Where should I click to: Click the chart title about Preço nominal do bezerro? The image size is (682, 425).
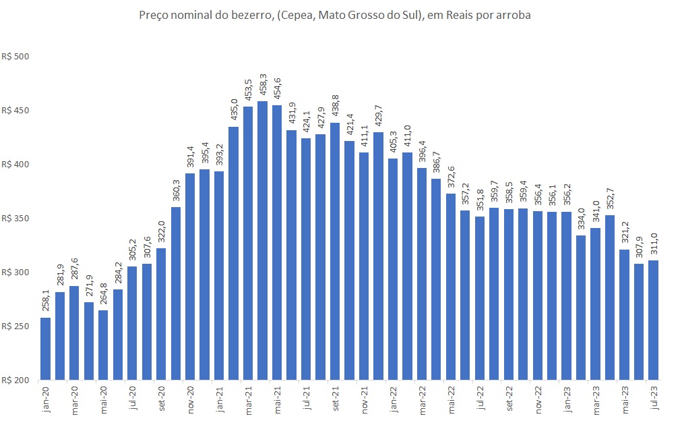pyautogui.click(x=335, y=15)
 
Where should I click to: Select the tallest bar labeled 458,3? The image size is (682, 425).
pyautogui.click(x=263, y=240)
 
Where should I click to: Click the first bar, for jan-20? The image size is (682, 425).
pyautogui.click(x=45, y=348)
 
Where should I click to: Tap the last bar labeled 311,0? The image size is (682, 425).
pyautogui.click(x=654, y=320)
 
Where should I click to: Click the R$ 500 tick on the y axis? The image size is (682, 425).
pyautogui.click(x=16, y=57)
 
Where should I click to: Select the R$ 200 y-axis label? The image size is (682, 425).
pyautogui.click(x=16, y=380)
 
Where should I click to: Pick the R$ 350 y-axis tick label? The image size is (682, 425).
pyautogui.click(x=16, y=219)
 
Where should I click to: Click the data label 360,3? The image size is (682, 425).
pyautogui.click(x=176, y=192)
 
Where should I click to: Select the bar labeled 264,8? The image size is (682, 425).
pyautogui.click(x=103, y=345)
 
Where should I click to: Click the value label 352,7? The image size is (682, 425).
pyautogui.click(x=611, y=200)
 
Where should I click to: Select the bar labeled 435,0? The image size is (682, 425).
pyautogui.click(x=234, y=253)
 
